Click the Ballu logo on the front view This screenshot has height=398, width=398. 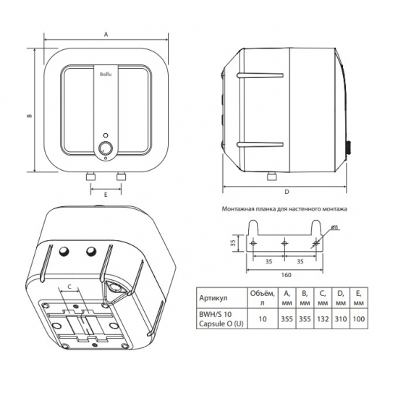pos(106,74)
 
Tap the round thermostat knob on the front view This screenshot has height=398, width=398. pos(106,147)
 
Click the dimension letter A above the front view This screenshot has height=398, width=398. pos(106,34)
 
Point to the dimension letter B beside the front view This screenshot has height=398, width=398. pos(30,116)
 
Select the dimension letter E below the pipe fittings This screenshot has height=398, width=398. pos(106,195)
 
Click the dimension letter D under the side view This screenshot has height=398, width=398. pos(287,192)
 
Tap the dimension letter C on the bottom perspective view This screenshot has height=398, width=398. pos(69,287)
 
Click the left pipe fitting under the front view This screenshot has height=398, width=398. pos(90,176)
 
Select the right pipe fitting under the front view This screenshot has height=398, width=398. pos(122,176)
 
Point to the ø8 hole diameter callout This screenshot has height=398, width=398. pos(335,227)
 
